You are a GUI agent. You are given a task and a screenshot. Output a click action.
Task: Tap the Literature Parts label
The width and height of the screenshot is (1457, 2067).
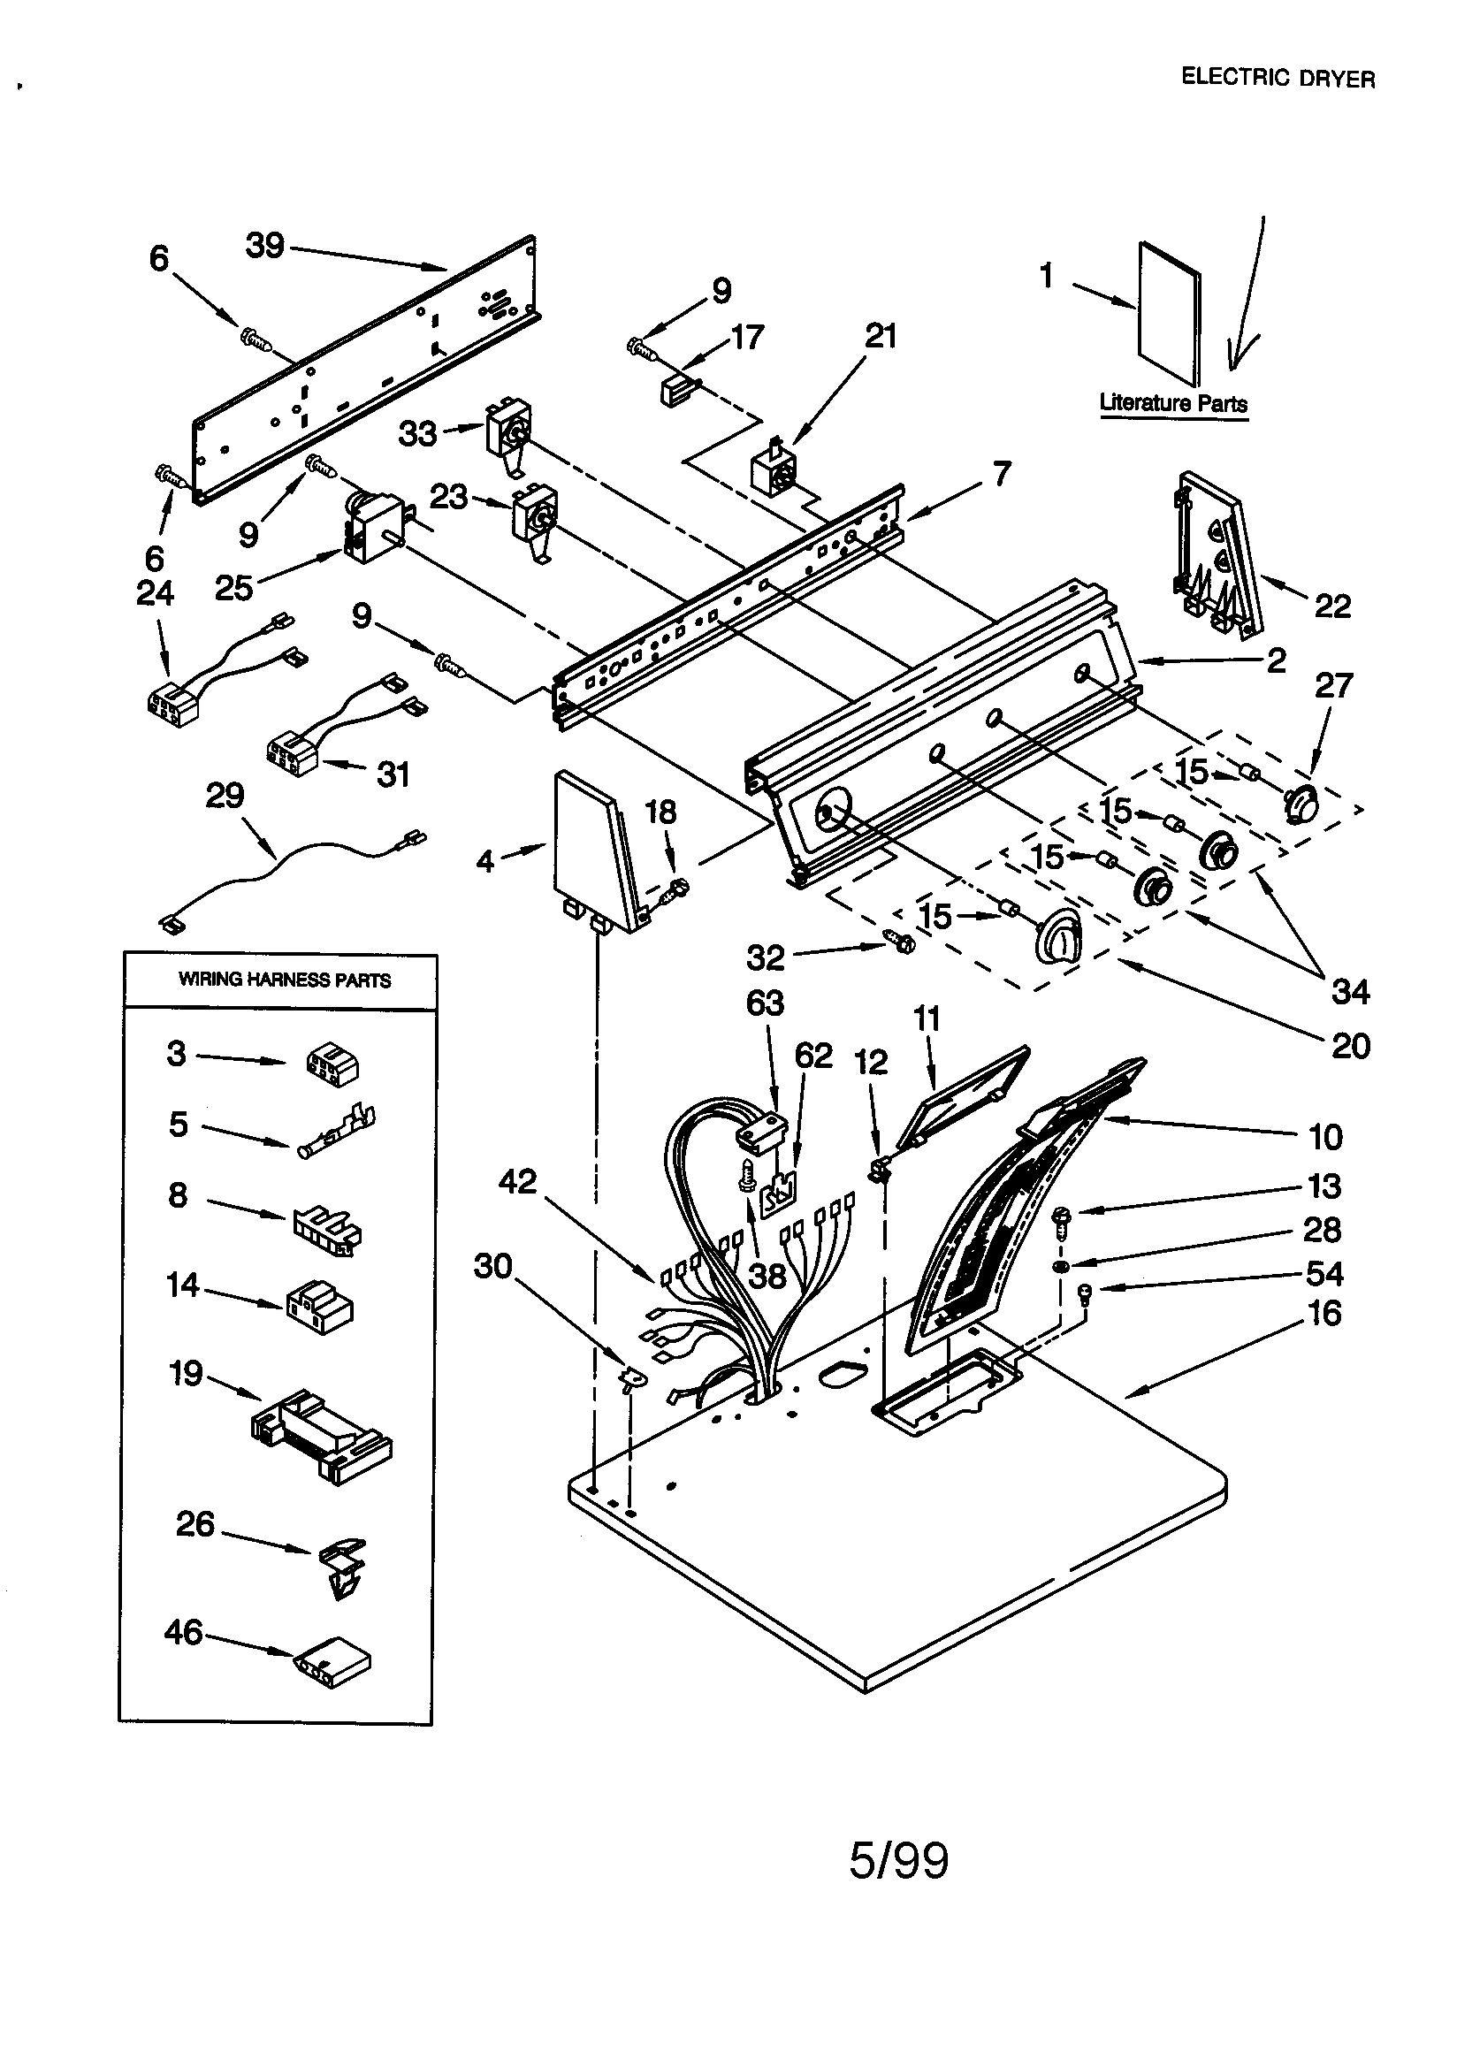pos(1172,403)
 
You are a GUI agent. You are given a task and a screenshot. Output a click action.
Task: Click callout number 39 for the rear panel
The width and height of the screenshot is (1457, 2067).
pos(264,245)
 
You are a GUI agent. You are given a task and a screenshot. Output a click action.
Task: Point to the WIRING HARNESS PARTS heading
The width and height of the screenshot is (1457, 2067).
pos(285,980)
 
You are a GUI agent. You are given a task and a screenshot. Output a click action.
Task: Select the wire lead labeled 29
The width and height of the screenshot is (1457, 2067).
pos(288,868)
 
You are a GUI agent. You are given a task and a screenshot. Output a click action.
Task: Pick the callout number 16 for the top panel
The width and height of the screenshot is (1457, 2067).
pos(1324,1314)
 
